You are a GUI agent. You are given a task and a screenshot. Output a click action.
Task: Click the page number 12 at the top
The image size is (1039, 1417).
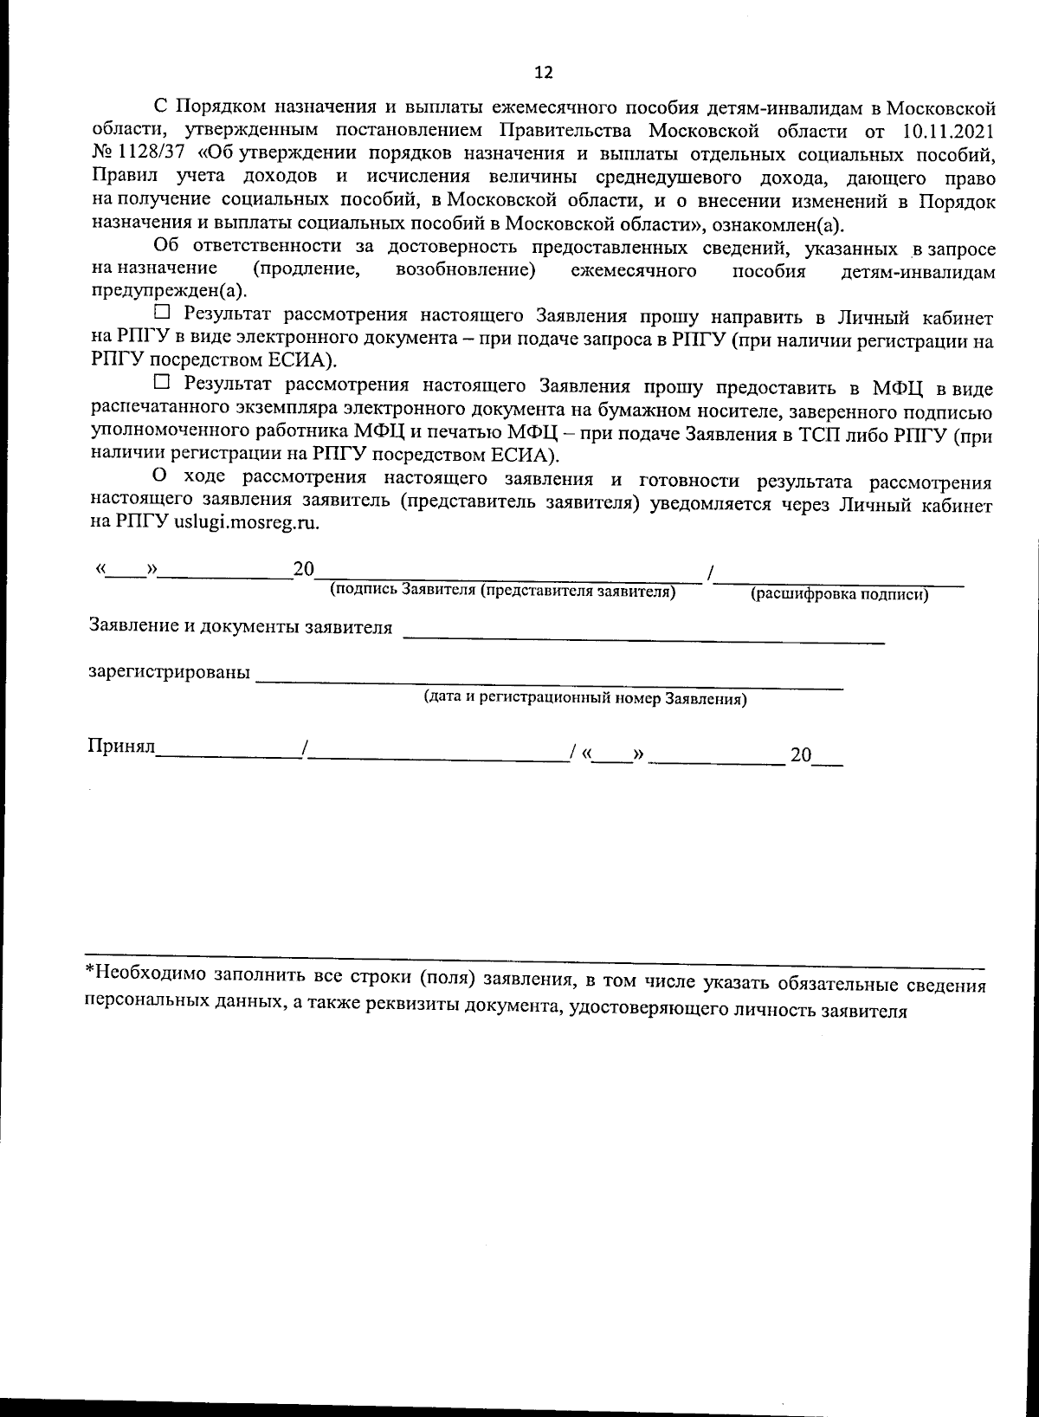[x=543, y=72]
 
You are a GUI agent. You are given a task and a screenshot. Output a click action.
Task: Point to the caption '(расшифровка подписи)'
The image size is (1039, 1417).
[x=839, y=595]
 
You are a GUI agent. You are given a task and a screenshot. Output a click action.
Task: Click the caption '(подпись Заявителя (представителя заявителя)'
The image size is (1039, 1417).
[x=502, y=592]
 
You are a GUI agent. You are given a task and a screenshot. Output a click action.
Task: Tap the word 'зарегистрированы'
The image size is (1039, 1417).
[x=170, y=673]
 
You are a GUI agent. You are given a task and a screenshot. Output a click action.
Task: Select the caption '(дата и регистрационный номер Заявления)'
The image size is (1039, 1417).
[x=584, y=699]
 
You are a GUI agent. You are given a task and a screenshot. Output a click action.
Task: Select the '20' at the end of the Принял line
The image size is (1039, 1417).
[x=800, y=755]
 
